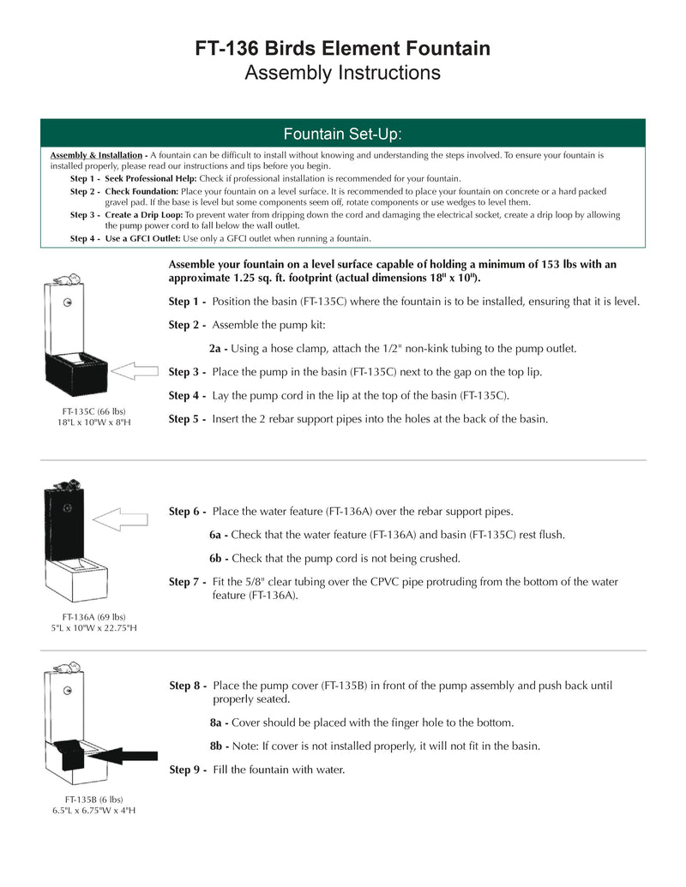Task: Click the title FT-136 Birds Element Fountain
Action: pos(343,48)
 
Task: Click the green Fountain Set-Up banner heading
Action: pos(343,134)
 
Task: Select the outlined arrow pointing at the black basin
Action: pos(135,370)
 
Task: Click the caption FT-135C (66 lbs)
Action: pos(90,411)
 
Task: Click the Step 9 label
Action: pos(188,770)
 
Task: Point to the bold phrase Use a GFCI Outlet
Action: pos(142,238)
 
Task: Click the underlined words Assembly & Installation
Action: pos(96,155)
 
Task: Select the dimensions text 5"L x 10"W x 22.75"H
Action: pos(93,628)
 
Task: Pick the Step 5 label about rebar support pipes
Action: pos(187,419)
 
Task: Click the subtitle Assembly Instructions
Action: pos(343,73)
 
